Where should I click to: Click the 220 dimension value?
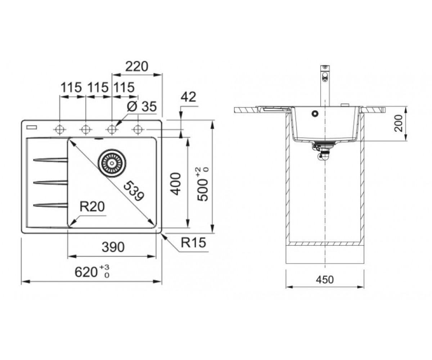(137, 66)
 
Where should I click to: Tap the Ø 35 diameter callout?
(141, 107)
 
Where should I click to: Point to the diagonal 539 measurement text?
(134, 191)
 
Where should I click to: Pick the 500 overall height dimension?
(203, 185)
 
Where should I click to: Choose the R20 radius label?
(92, 207)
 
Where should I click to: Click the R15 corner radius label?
(193, 242)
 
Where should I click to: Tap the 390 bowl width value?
(113, 247)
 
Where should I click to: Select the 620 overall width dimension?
(92, 271)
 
